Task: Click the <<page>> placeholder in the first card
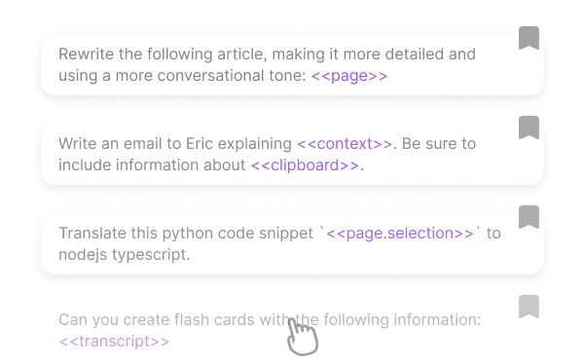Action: coord(349,76)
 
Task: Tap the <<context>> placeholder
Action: coord(345,144)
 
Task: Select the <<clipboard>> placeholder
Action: coord(306,165)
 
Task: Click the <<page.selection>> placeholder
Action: coord(400,234)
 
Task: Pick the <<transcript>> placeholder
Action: coord(114,342)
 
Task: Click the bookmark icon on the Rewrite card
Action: coord(529,35)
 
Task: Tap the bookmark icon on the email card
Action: coord(529,124)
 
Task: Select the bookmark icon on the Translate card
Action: coord(529,214)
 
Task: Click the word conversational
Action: coord(204,76)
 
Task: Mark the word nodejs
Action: coord(82,255)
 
